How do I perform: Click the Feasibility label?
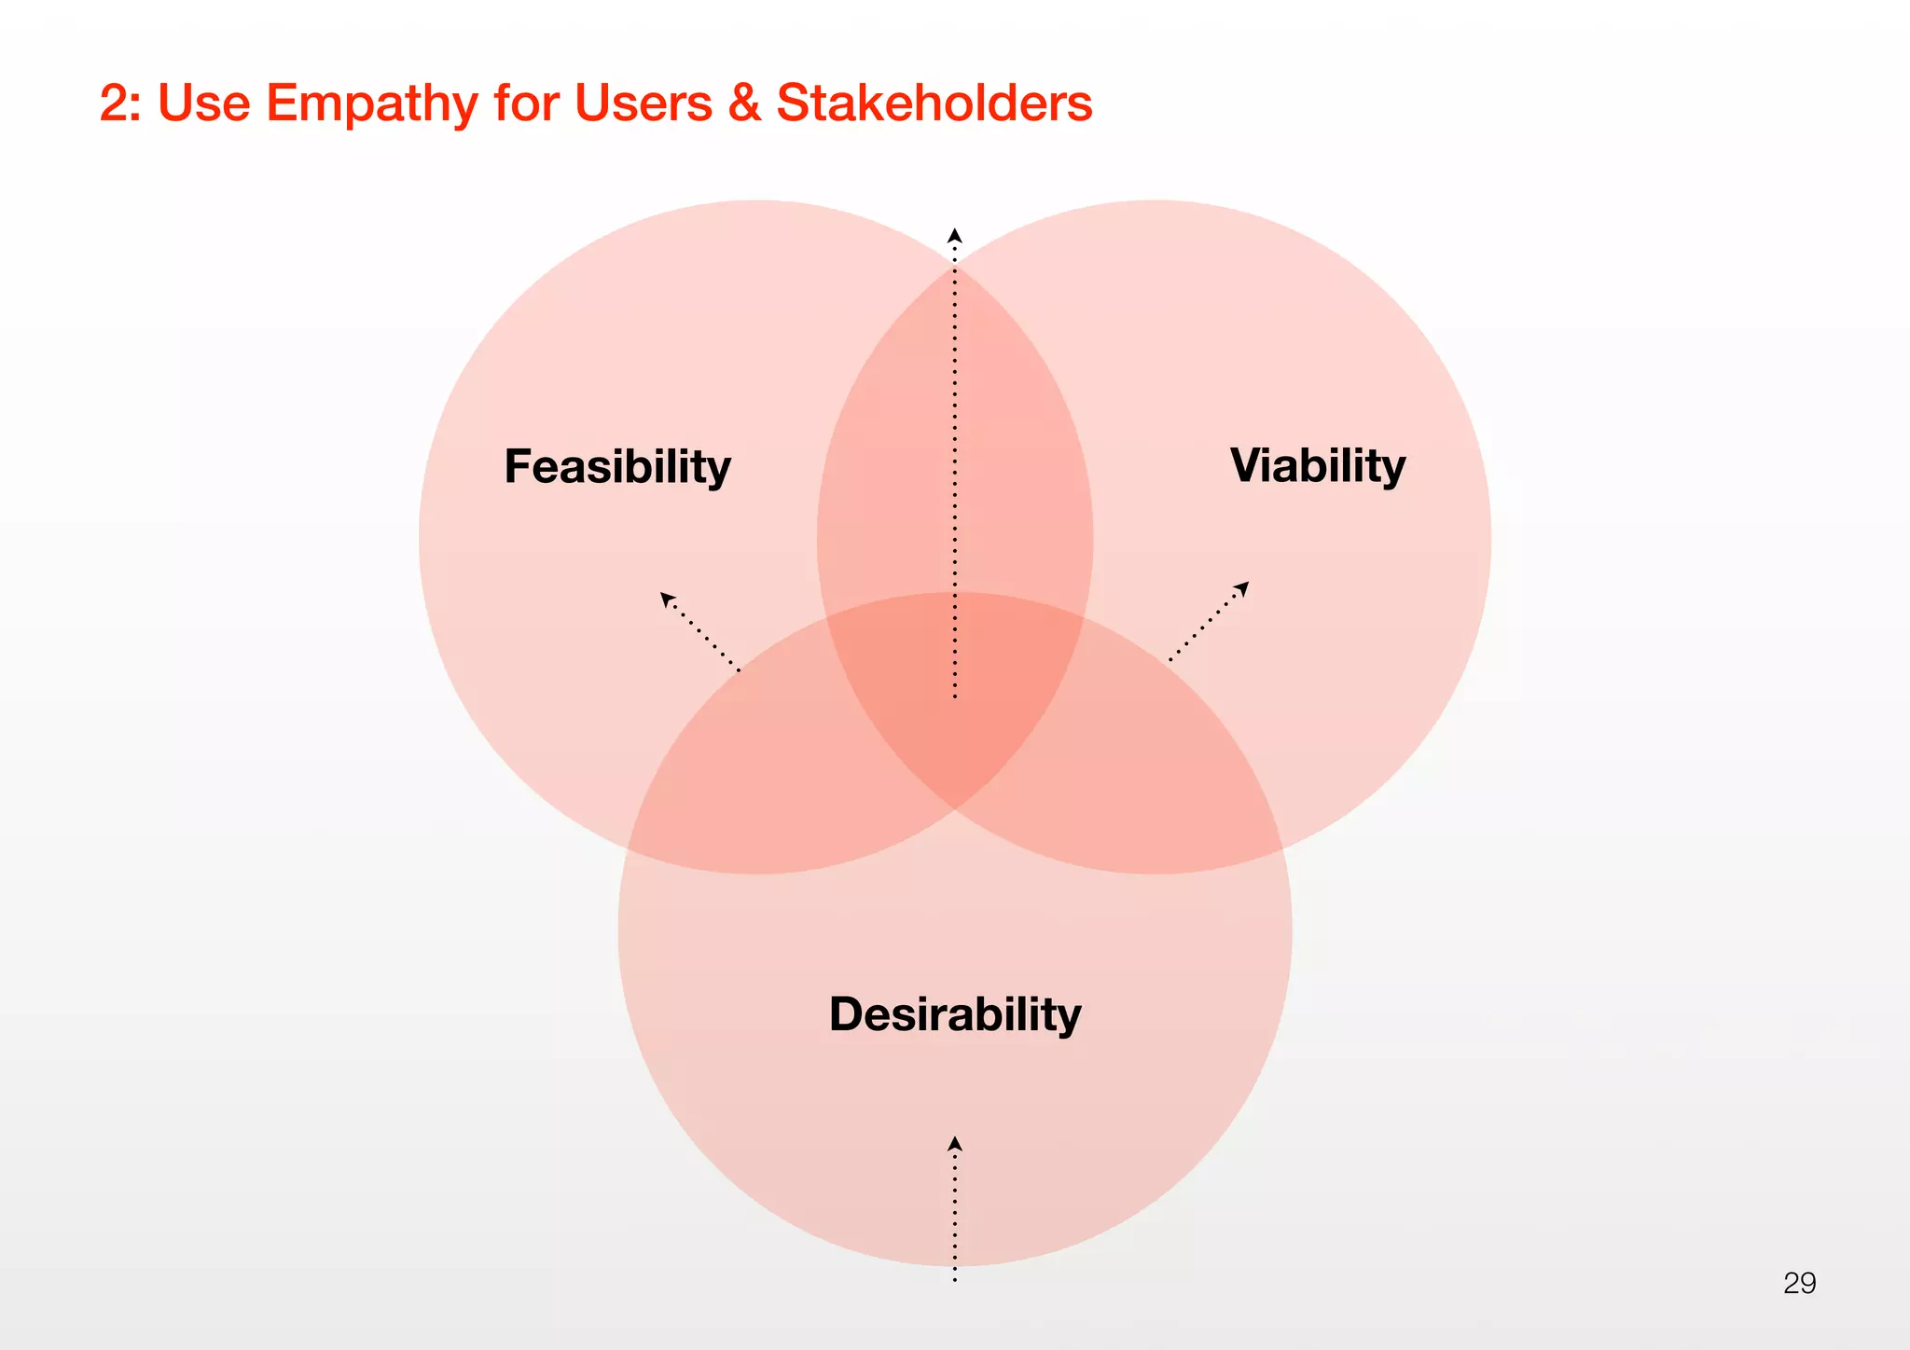coord(617,466)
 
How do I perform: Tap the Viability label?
coord(1317,465)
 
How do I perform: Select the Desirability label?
coord(955,1014)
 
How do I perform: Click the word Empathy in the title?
coord(372,103)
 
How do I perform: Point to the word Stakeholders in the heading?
coord(934,103)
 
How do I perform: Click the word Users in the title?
coord(644,103)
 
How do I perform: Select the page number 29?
coord(1799,1283)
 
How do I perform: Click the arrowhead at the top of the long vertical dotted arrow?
coord(955,235)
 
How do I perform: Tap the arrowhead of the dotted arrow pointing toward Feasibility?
coord(667,599)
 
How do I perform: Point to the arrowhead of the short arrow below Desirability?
coord(955,1143)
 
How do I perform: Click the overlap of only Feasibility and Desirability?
coord(746,774)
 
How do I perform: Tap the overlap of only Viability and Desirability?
coord(1166,774)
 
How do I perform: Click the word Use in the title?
coord(204,103)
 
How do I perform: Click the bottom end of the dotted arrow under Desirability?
coord(955,1279)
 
